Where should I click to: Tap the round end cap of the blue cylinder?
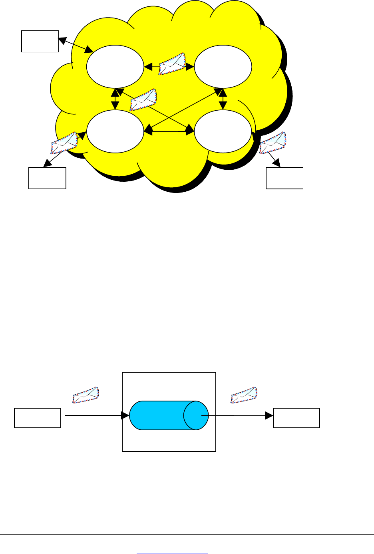[196, 415]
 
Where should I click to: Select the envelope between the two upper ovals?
[172, 64]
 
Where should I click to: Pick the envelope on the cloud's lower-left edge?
[64, 143]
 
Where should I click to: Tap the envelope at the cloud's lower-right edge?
[273, 143]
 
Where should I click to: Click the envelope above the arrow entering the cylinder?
[85, 395]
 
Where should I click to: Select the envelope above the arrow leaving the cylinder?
[244, 395]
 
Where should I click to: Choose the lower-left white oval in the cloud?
[115, 131]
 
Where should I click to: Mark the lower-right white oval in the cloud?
[223, 131]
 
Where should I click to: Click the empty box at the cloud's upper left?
[40, 41]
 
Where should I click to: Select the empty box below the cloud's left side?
[47, 178]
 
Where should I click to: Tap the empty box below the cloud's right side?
[284, 178]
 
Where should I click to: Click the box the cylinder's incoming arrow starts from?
[38, 418]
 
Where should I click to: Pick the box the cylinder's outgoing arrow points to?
[296, 418]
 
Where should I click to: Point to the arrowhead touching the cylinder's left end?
[126, 416]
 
